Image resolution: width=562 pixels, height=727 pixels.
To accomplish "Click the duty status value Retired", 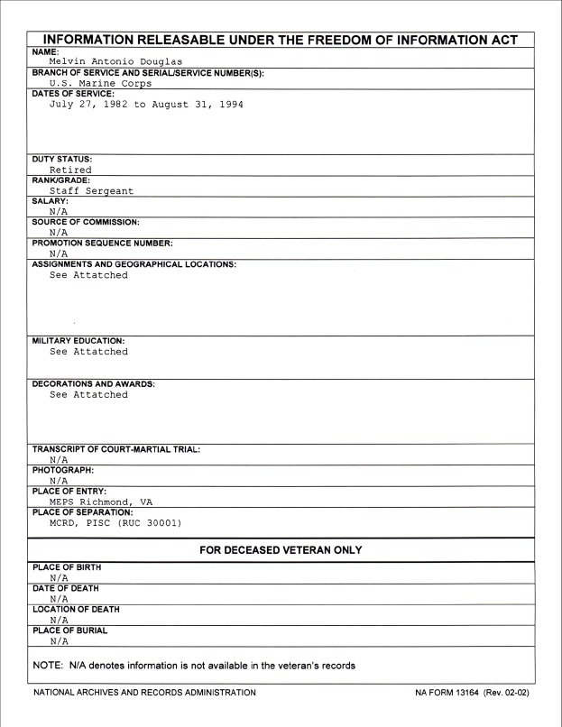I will (70, 169).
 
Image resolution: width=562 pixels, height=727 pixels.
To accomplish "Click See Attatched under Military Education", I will (88, 352).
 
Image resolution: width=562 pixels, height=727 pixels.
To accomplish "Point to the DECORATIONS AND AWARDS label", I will (94, 384).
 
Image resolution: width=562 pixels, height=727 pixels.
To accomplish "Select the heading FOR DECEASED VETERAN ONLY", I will (281, 550).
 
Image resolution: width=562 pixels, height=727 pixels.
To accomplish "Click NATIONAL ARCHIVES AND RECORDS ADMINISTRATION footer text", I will (143, 693).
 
